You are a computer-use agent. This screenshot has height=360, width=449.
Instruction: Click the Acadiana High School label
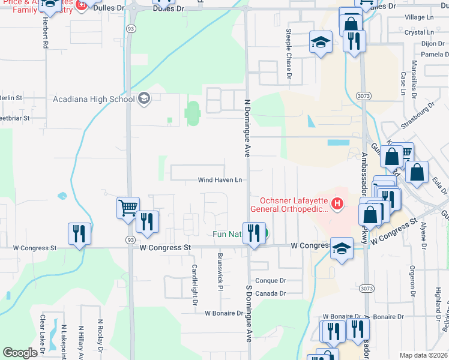click(x=94, y=99)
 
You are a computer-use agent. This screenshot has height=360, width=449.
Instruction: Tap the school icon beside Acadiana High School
click(x=143, y=98)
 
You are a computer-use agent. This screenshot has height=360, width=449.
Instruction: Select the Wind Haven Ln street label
click(x=220, y=180)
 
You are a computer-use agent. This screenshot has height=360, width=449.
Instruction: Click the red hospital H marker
click(x=337, y=204)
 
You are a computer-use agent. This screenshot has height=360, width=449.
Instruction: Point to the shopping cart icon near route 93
click(x=128, y=208)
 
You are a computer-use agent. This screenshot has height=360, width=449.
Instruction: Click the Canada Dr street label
click(x=270, y=293)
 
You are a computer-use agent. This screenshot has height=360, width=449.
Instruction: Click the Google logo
click(x=20, y=353)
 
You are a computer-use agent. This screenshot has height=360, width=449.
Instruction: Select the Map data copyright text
click(x=424, y=355)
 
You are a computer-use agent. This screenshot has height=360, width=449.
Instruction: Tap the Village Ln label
click(x=419, y=19)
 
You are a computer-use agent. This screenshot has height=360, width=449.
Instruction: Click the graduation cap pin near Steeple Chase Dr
click(x=321, y=43)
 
